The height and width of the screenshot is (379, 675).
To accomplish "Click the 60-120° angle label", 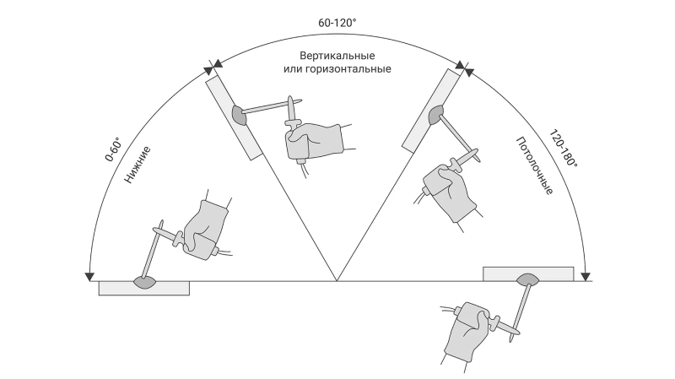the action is (x=337, y=23).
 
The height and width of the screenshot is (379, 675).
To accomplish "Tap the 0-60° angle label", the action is (x=113, y=149).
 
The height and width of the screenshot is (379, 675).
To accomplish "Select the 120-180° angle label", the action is (x=563, y=149).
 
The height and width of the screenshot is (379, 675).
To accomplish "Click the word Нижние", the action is (x=138, y=165).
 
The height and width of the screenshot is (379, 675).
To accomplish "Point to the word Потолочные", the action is (x=534, y=165).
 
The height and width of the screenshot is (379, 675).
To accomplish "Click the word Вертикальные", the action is (x=337, y=56).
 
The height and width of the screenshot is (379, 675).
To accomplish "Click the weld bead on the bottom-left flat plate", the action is (x=144, y=283).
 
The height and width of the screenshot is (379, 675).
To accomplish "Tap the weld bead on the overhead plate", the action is (x=528, y=279).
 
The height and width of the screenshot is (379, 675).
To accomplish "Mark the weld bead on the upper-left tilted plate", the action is (x=239, y=115).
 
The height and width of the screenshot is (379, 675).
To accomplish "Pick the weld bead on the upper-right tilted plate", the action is (x=435, y=115).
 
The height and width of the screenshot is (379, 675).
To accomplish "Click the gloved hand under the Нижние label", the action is (x=204, y=230).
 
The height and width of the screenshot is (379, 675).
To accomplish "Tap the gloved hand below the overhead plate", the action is (x=467, y=332).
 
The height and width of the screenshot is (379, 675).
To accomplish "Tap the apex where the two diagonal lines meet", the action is (x=337, y=281).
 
